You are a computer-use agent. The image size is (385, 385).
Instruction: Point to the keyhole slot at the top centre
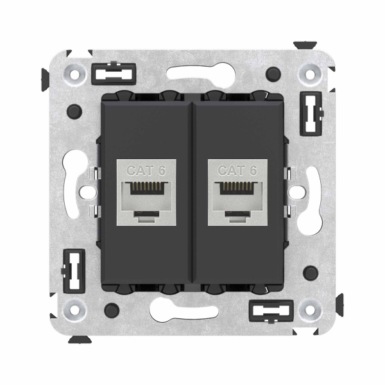pyautogui.click(x=193, y=73)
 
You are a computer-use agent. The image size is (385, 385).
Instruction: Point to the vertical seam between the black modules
pyautogui.click(x=193, y=193)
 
